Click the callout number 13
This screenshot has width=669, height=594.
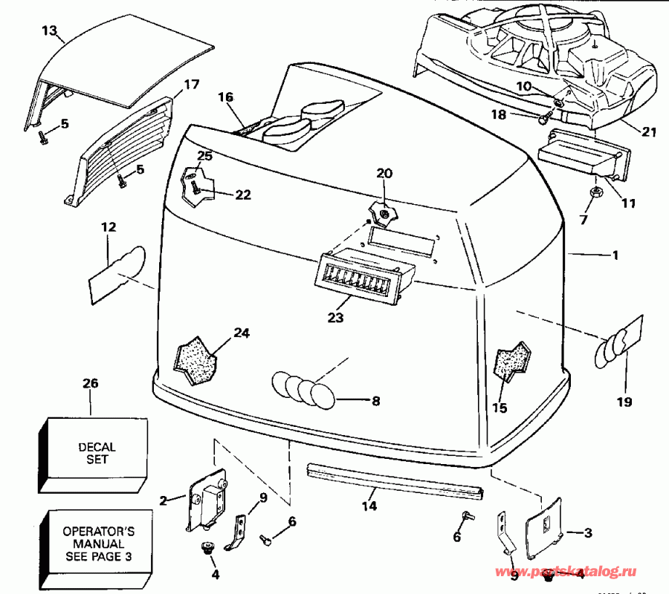[x=49, y=30]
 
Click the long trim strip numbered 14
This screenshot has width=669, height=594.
[x=394, y=480]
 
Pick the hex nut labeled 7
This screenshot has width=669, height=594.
[x=595, y=194]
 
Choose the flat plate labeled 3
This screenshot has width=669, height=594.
[x=543, y=529]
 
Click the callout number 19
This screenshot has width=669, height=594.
[x=624, y=402]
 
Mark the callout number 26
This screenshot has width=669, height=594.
[x=90, y=383]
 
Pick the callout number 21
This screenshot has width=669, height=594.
[x=649, y=132]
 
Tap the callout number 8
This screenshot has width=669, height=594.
[x=375, y=401]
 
